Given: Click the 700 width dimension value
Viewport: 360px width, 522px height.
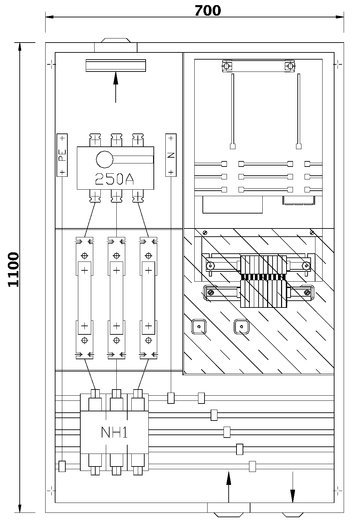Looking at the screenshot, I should tap(208, 11).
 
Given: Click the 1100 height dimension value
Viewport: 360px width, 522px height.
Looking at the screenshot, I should tap(14, 269).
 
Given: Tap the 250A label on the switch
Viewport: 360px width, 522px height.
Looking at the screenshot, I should tap(114, 178).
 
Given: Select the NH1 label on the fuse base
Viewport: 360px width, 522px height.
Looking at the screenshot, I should tap(114, 432).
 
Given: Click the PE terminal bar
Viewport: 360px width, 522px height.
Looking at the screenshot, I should tap(62, 155).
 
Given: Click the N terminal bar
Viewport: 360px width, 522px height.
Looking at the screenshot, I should tap(171, 155).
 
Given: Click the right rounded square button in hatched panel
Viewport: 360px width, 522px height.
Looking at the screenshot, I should tap(241, 327).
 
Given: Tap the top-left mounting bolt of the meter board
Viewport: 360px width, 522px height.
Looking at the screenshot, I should tap(227, 66).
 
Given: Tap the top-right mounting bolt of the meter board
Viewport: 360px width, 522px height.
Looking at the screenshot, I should tap(290, 66).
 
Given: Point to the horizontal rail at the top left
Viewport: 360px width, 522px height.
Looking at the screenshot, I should tap(116, 65).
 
